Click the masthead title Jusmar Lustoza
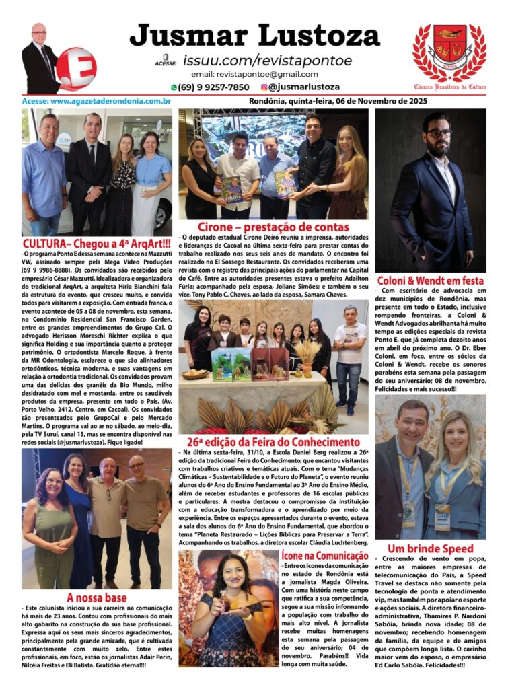pyautogui.click(x=254, y=36)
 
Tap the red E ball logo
pyautogui.click(x=76, y=68)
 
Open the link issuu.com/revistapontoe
pyautogui.click(x=267, y=61)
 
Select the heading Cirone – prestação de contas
pyautogui.click(x=273, y=227)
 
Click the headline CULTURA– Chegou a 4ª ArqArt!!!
pyautogui.click(x=96, y=243)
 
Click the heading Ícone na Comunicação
pyautogui.click(x=325, y=556)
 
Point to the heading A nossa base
pyautogui.click(x=96, y=597)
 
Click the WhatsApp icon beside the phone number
pyautogui.click(x=174, y=87)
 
